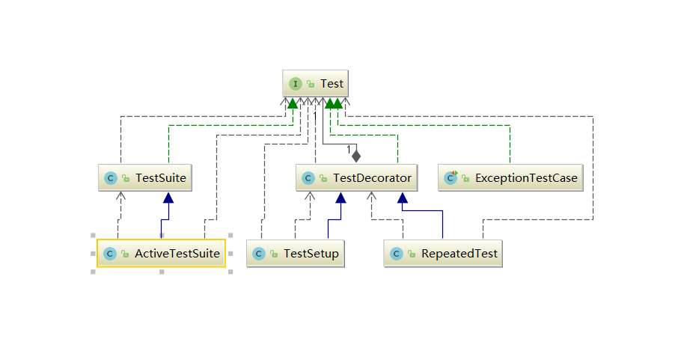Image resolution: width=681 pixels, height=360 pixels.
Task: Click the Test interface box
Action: click(x=316, y=84)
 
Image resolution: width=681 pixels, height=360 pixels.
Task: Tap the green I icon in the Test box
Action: click(x=296, y=84)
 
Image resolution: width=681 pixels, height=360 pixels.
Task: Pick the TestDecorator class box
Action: click(x=356, y=178)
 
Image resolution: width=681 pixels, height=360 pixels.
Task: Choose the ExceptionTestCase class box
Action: click(x=510, y=178)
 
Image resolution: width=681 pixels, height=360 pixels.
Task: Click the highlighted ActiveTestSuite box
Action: click(x=161, y=254)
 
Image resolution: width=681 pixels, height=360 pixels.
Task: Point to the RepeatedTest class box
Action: click(x=442, y=254)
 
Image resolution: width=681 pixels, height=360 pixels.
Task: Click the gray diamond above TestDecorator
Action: click(x=356, y=156)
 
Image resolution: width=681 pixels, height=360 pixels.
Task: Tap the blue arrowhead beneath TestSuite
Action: click(x=168, y=198)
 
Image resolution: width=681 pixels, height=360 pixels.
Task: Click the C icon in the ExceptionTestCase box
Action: click(x=451, y=178)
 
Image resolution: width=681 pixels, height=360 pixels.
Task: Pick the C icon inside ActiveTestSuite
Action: click(x=109, y=254)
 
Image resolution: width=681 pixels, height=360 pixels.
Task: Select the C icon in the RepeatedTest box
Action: click(x=397, y=254)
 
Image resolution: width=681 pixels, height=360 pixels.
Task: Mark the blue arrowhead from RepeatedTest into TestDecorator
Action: click(x=403, y=198)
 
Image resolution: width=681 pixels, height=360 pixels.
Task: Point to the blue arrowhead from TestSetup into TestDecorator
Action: click(x=340, y=198)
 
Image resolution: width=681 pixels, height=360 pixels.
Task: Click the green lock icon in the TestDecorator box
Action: click(x=323, y=178)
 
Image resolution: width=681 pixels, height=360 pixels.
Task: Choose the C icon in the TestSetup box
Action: click(x=259, y=254)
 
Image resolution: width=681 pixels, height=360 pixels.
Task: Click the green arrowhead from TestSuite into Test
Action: click(x=292, y=103)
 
